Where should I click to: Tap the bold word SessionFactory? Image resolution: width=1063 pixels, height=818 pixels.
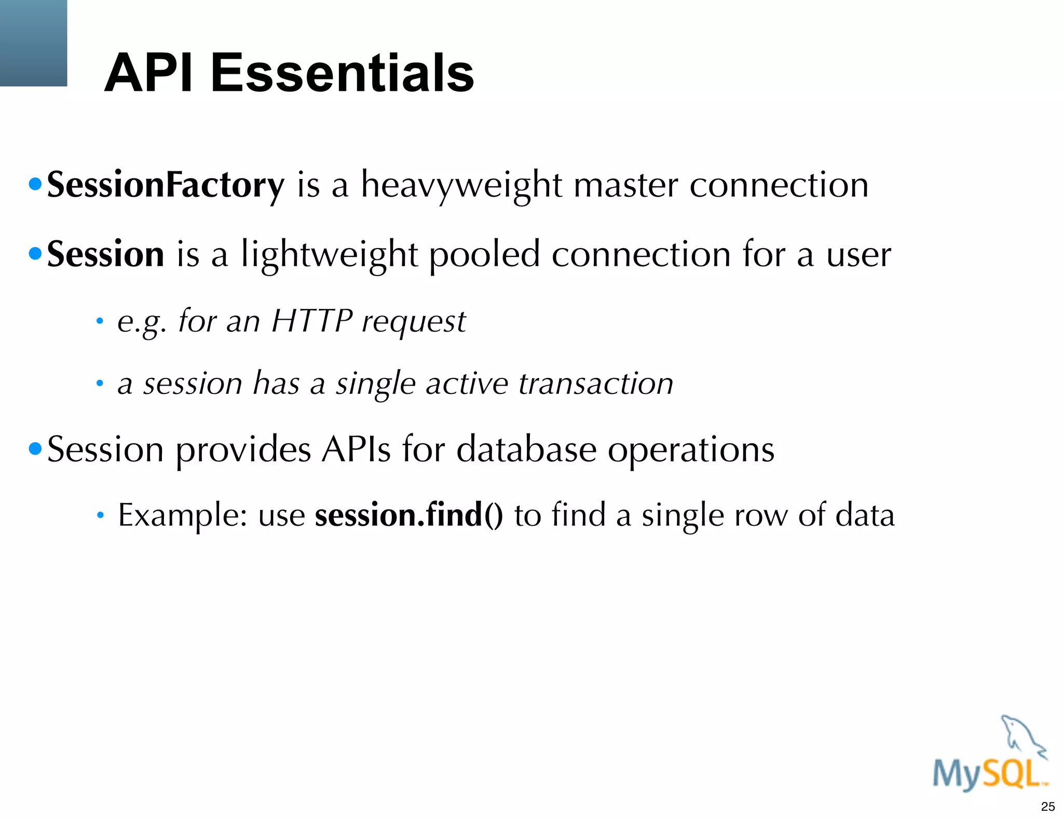pyautogui.click(x=166, y=185)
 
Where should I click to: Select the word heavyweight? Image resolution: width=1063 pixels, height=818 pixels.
pyautogui.click(x=461, y=185)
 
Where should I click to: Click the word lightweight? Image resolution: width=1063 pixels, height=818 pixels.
pyautogui.click(x=329, y=255)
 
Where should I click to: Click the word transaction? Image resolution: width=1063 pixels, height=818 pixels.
pyautogui.click(x=596, y=384)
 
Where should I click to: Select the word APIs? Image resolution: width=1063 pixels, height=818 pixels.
pyautogui.click(x=356, y=449)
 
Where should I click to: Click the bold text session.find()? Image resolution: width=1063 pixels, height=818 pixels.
pyautogui.click(x=409, y=515)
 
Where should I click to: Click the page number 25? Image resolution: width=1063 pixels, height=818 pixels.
pyautogui.click(x=1048, y=807)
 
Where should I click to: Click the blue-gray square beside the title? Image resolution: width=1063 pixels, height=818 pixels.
pyautogui.click(x=33, y=43)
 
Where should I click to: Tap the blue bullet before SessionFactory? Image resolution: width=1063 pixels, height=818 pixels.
pyautogui.click(x=35, y=184)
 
